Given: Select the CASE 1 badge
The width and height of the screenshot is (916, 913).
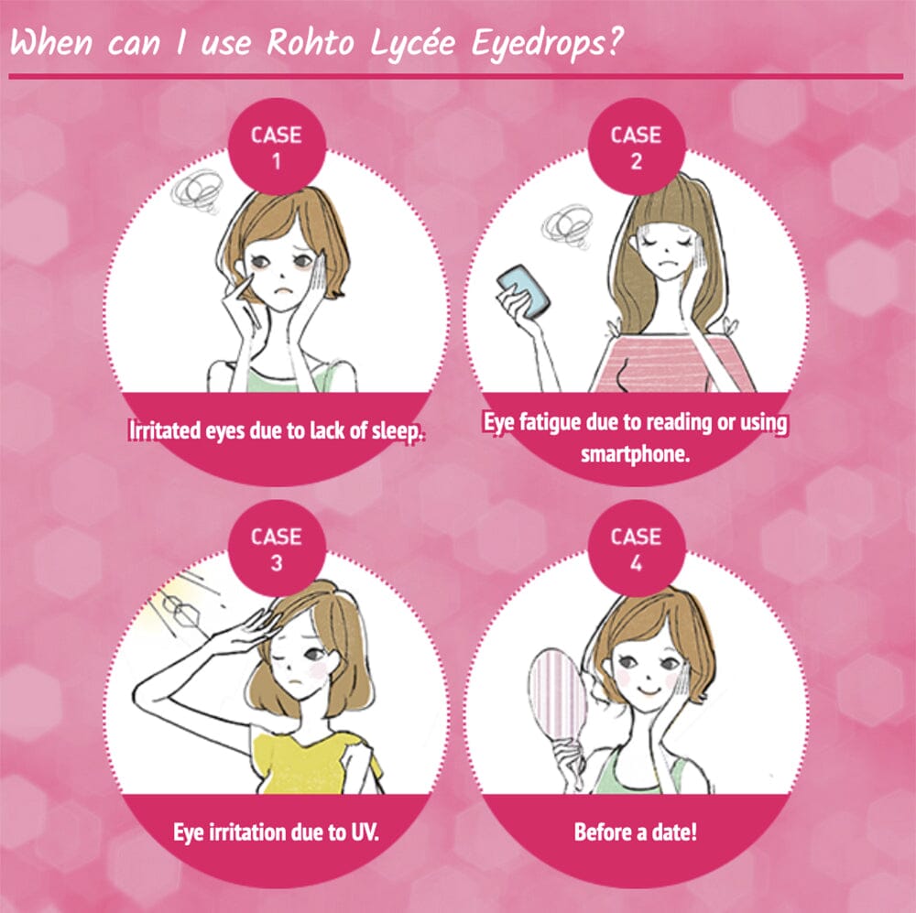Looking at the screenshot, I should (x=276, y=146).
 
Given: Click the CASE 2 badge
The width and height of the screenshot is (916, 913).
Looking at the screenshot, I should (x=636, y=147).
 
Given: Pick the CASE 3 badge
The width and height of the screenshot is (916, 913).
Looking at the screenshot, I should (x=276, y=548).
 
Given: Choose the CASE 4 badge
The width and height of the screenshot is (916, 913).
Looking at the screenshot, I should (x=636, y=548).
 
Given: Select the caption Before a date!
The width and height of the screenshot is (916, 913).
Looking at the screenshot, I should (x=635, y=833).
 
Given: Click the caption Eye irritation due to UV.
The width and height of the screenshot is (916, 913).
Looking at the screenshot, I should (x=276, y=833).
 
